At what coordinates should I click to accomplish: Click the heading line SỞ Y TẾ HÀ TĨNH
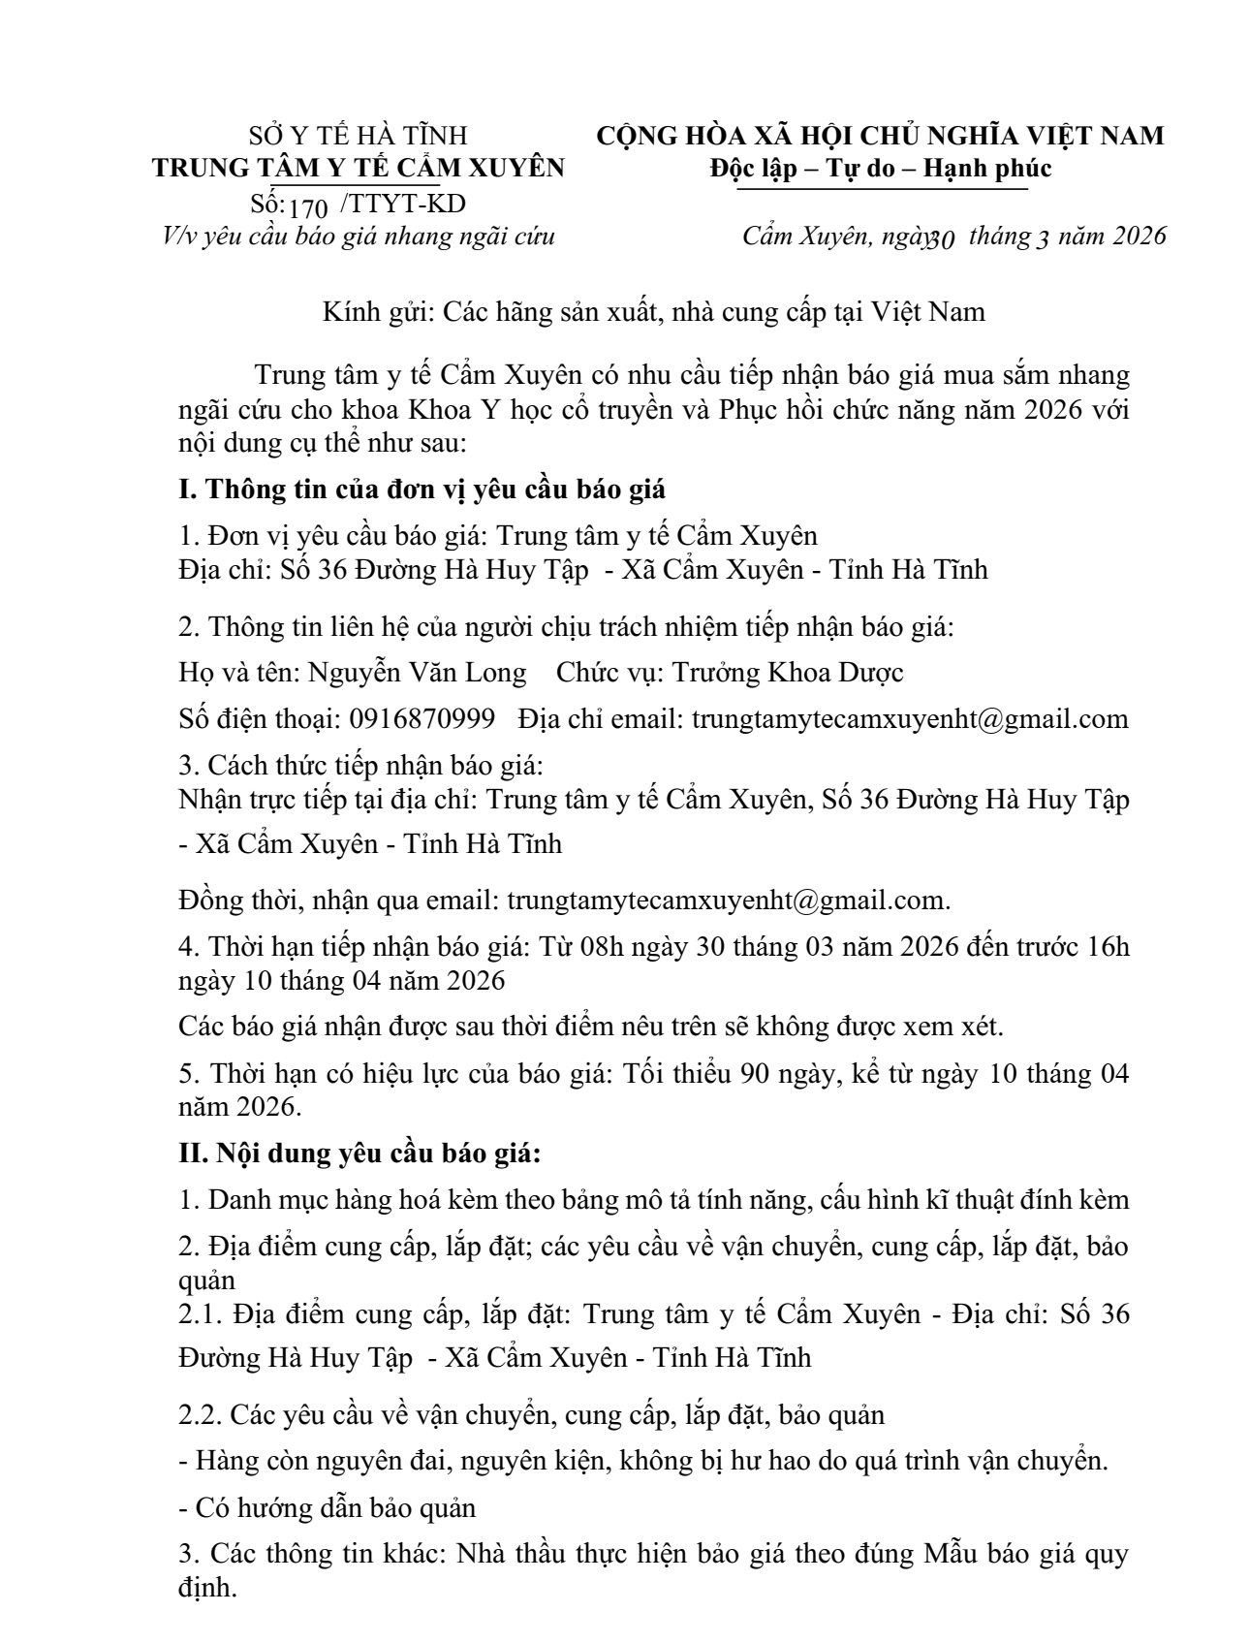pos(358,135)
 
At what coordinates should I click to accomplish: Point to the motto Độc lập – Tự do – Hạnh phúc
pos(881,168)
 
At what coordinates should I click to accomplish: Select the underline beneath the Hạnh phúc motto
pos(881,189)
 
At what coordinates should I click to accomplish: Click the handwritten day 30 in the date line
pos(942,237)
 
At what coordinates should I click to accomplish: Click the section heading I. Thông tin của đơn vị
pos(422,489)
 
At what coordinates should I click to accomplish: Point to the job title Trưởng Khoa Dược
pos(788,672)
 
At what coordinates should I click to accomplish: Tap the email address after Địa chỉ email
pos(910,718)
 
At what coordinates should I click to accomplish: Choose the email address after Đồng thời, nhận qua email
pos(728,901)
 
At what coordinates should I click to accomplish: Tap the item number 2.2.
pos(201,1414)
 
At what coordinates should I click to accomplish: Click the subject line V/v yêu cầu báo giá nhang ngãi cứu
pos(358,236)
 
